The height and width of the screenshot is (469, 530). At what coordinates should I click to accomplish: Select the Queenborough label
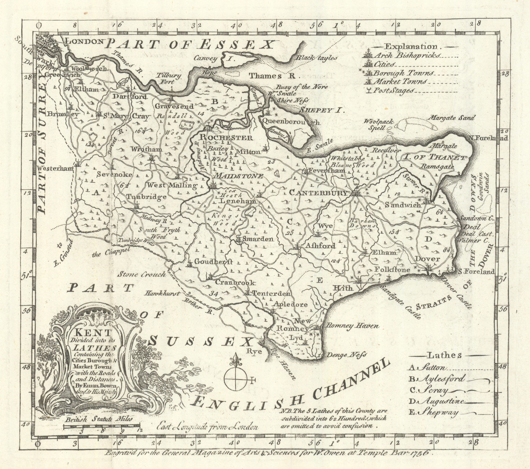290,122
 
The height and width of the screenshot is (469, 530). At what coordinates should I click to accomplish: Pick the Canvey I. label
213,59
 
